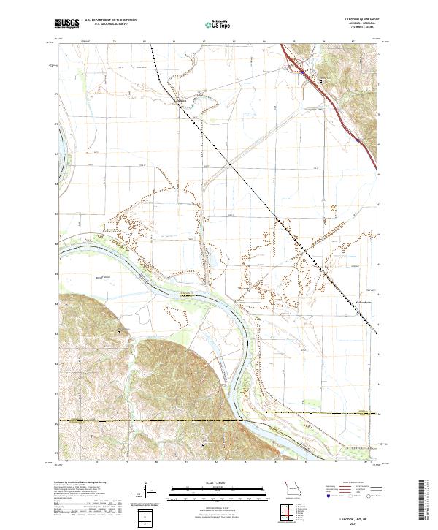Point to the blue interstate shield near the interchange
point(300,71)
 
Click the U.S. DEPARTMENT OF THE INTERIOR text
point(110,20)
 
